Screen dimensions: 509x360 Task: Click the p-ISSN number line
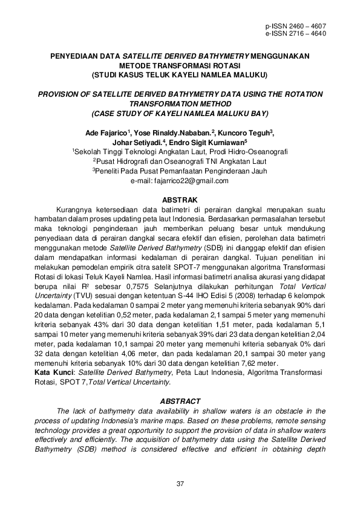click(296, 27)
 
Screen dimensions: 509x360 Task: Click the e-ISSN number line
click(296, 34)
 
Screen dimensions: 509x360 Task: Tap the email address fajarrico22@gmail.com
click(180, 181)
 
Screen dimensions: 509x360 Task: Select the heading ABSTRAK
click(180, 199)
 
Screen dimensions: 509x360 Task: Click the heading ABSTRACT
click(180, 401)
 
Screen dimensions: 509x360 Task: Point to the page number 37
click(180, 483)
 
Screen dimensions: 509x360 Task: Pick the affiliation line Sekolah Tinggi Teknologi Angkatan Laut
click(180, 152)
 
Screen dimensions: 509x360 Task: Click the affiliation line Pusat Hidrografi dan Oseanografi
click(180, 162)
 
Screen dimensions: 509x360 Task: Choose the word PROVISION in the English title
click(63, 94)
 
